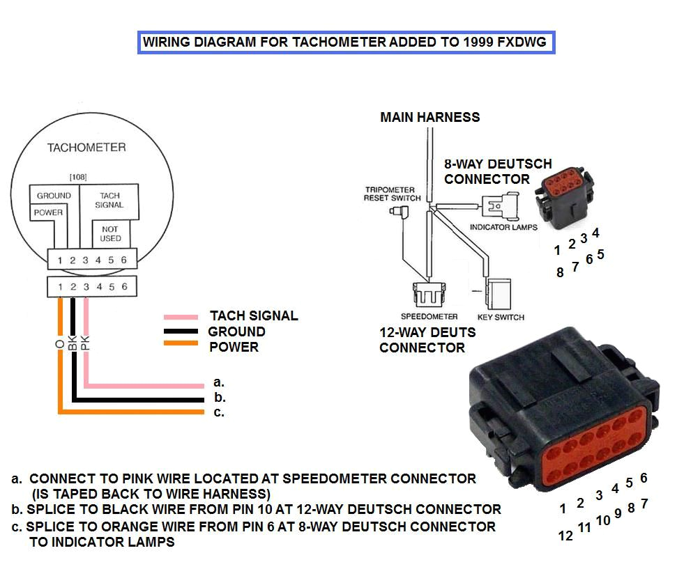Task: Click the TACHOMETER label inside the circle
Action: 86,148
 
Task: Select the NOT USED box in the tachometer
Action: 110,233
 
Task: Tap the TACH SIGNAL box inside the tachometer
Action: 109,201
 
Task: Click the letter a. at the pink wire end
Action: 219,382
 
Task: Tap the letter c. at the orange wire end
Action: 219,413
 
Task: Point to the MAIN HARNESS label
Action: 430,117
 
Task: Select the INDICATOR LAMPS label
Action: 503,228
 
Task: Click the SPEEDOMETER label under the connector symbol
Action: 429,317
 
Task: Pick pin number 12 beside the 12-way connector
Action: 566,536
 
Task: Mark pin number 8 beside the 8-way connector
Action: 560,273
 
